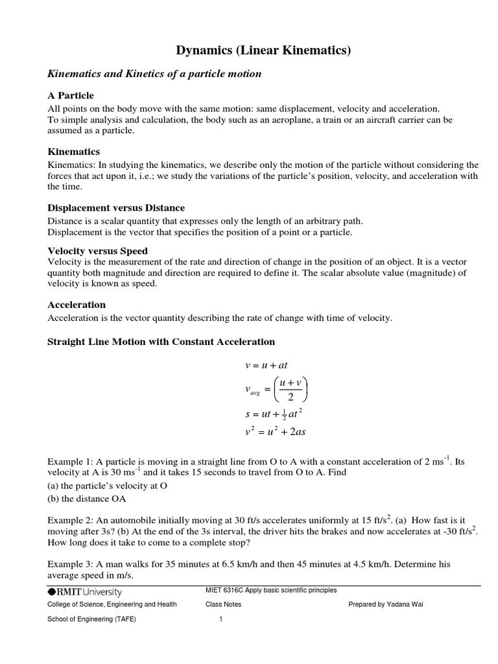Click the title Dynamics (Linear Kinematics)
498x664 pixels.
point(264,51)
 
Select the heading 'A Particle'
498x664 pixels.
point(71,95)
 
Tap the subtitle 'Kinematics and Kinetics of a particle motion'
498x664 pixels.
point(155,74)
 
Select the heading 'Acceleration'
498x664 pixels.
point(77,304)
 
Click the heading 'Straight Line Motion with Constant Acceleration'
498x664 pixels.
point(161,341)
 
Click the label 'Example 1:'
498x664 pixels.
point(71,462)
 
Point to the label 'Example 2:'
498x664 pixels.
point(71,521)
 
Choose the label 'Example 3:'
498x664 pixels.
point(71,564)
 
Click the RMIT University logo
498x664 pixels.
point(84,591)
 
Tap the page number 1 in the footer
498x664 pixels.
point(221,619)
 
